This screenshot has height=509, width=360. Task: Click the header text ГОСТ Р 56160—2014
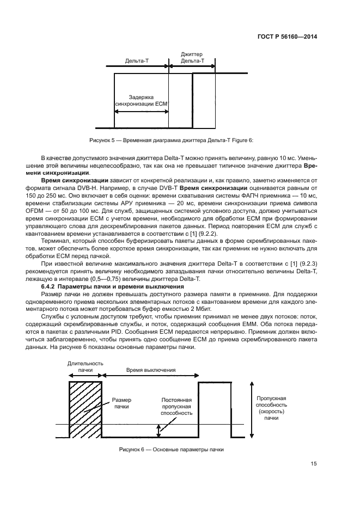pyautogui.click(x=288, y=37)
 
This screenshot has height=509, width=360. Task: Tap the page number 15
pyautogui.click(x=314, y=464)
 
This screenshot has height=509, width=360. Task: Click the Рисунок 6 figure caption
pyautogui.click(x=172, y=449)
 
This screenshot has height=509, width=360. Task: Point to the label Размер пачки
pyautogui.click(x=122, y=403)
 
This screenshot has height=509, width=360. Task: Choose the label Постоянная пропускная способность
pyautogui.click(x=176, y=406)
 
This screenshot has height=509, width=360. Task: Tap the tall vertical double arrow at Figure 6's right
pyautogui.click(x=251, y=409)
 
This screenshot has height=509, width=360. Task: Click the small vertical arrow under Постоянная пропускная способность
pyautogui.click(x=159, y=430)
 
